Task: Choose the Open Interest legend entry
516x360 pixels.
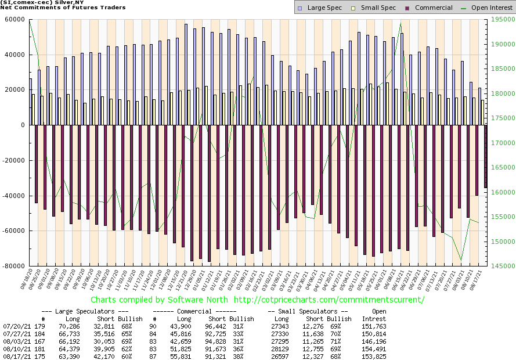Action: tap(485, 8)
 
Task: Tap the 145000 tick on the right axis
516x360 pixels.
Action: tap(501, 266)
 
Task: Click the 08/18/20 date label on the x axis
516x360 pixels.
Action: tap(28, 279)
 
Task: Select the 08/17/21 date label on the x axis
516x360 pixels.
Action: tap(479, 279)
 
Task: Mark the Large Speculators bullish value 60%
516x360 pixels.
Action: tap(125, 357)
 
